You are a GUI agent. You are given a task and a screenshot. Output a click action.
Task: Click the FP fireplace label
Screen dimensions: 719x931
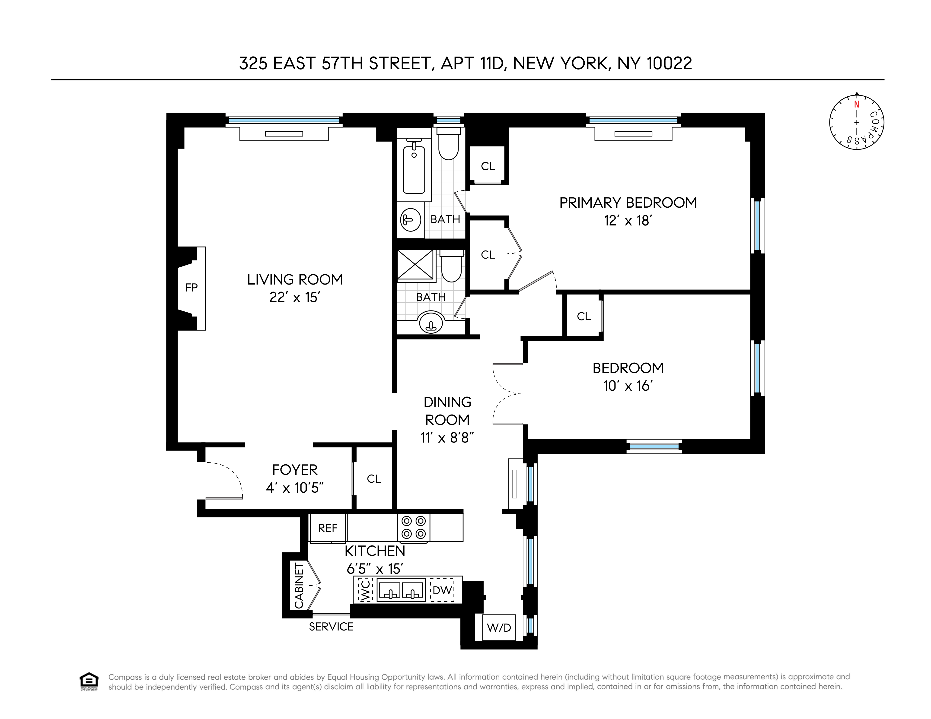191,288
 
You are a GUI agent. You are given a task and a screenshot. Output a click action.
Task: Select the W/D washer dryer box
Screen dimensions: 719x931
499,627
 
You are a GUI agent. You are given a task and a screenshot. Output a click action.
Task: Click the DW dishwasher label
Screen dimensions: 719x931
442,590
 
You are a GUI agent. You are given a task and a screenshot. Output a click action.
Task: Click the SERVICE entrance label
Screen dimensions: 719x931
331,627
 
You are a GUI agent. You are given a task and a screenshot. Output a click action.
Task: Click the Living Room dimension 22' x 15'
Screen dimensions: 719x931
295,297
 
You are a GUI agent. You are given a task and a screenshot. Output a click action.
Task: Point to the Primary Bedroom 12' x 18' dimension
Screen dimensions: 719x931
628,221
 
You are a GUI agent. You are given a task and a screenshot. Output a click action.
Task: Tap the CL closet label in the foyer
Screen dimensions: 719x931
374,479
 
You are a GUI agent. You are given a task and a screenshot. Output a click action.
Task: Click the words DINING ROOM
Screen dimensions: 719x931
447,411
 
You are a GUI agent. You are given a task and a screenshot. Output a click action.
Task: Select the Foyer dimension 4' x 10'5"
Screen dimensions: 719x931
295,488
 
